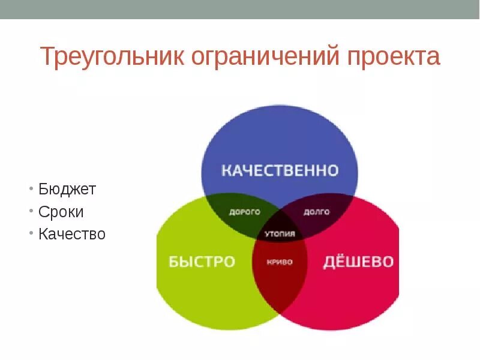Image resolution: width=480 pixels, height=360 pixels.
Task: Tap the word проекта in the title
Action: pyautogui.click(x=393, y=57)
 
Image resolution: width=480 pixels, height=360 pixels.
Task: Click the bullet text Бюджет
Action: pyautogui.click(x=67, y=190)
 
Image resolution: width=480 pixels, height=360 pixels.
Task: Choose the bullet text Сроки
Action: pyautogui.click(x=61, y=212)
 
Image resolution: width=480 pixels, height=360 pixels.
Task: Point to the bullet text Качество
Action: pyautogui.click(x=72, y=234)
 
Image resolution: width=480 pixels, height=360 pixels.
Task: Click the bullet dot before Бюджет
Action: pyautogui.click(x=31, y=190)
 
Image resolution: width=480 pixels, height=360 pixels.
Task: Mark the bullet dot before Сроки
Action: pyautogui.click(x=31, y=212)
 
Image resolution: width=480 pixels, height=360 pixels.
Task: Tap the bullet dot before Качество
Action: pyautogui.click(x=31, y=234)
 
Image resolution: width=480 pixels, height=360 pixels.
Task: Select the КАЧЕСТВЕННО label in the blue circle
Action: pyautogui.click(x=280, y=170)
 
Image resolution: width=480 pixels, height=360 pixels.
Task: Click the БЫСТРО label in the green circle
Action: pyautogui.click(x=202, y=262)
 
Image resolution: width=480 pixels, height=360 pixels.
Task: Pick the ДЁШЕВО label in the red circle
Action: pyautogui.click(x=359, y=262)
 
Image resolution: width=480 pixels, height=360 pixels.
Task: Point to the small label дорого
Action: pyautogui.click(x=245, y=212)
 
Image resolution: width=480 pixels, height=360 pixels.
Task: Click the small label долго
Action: pyautogui.click(x=316, y=212)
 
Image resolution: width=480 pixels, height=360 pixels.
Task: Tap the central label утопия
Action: pyautogui.click(x=280, y=234)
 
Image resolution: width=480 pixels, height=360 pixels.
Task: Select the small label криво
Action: pyautogui.click(x=280, y=262)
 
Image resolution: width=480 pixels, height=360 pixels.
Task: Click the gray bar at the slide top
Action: pyautogui.click(x=240, y=9)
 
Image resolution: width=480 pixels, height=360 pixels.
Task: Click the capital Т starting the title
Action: pyautogui.click(x=47, y=57)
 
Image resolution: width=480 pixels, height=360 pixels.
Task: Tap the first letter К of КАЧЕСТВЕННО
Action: pyautogui.click(x=227, y=170)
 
